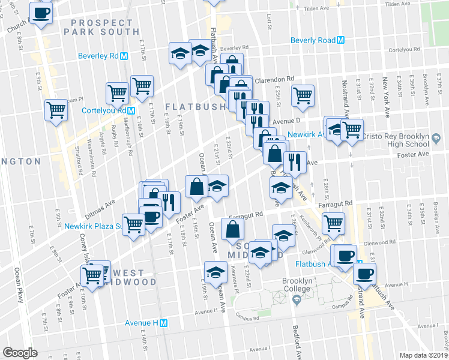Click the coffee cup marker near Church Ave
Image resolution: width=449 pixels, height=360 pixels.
[41, 13]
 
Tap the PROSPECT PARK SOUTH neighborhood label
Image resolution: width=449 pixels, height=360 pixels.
[104, 27]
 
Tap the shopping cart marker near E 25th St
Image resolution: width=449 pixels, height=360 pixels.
[303, 95]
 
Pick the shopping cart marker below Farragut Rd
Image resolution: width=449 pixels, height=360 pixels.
[333, 223]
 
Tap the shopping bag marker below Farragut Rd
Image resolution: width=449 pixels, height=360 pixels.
[233, 229]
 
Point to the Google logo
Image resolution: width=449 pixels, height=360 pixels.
[20, 352]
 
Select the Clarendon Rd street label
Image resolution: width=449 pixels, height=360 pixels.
[274, 79]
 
